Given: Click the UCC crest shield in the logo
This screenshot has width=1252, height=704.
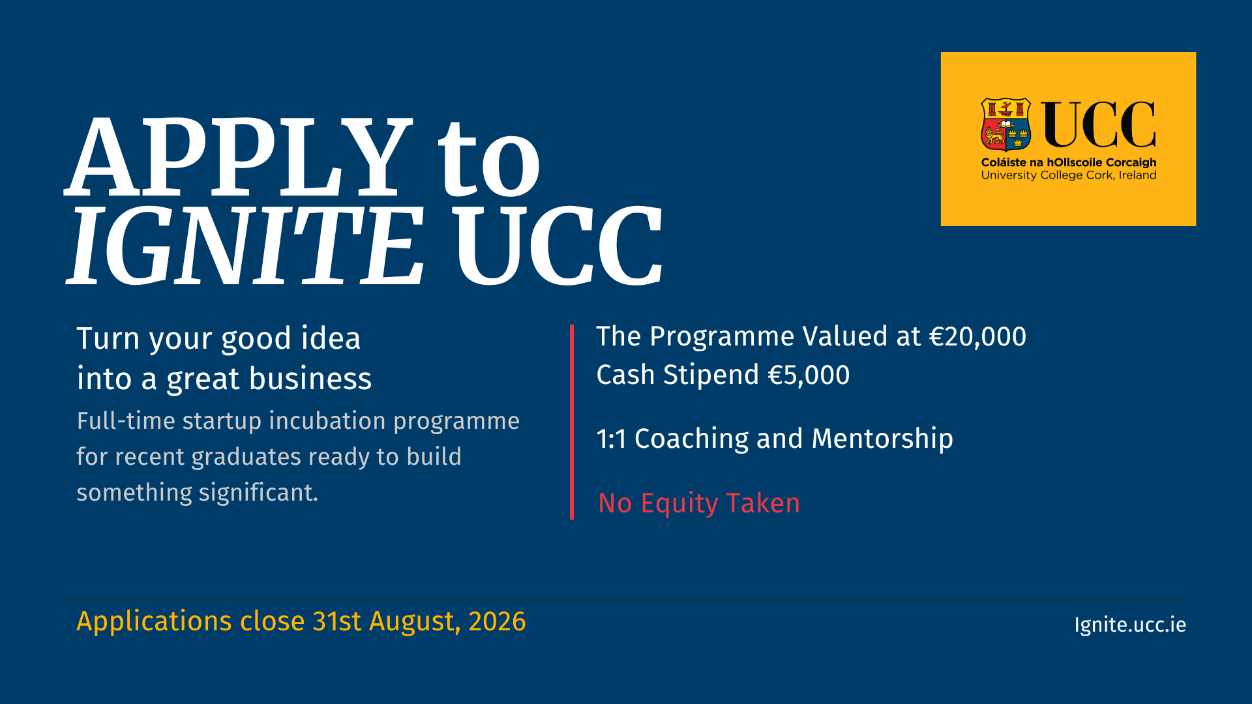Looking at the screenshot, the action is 1006,125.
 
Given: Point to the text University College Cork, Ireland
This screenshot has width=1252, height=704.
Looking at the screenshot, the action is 1069,175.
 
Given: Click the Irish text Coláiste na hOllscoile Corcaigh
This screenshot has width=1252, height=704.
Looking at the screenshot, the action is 1069,162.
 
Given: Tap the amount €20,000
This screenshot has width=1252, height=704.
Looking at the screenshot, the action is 977,337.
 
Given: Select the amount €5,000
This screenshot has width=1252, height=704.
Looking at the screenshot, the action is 809,375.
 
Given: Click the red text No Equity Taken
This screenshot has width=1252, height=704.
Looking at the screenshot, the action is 699,504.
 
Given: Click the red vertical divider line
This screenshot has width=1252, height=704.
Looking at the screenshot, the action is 572,422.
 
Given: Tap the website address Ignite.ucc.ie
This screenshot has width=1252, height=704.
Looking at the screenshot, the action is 1130,625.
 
